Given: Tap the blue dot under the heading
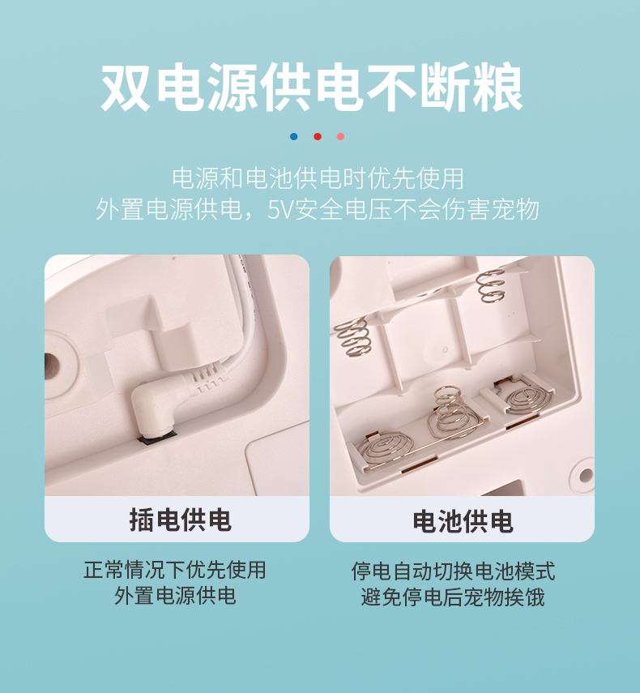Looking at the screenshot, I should pyautogui.click(x=293, y=136).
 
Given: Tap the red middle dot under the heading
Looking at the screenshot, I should pyautogui.click(x=317, y=136).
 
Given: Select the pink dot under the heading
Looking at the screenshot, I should pyautogui.click(x=340, y=136).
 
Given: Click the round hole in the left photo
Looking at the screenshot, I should pyautogui.click(x=56, y=366).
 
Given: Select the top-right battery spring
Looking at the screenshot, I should pyautogui.click(x=491, y=285).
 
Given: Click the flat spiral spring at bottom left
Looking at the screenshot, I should pyautogui.click(x=385, y=448).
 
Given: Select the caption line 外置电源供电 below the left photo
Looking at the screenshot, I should pyautogui.click(x=175, y=597).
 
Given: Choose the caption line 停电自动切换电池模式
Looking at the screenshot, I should pyautogui.click(x=453, y=571).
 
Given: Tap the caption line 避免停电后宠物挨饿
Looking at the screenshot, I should pyautogui.click(x=453, y=597).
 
